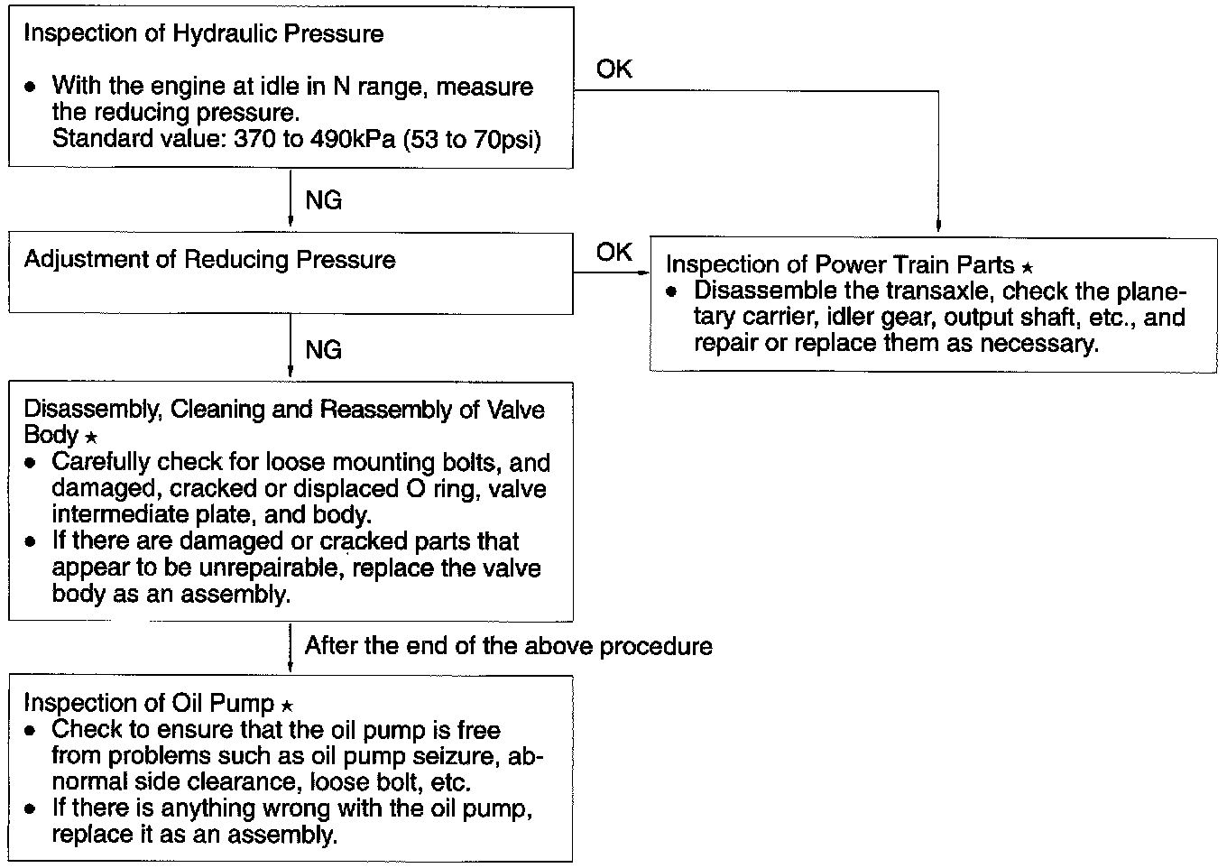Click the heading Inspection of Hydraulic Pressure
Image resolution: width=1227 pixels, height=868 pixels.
pyautogui.click(x=203, y=34)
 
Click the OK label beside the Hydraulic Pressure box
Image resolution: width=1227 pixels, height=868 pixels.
pyautogui.click(x=614, y=69)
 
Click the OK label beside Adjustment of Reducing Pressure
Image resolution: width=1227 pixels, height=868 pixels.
pyautogui.click(x=614, y=252)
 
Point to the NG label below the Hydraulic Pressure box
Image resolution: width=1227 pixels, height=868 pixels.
pyautogui.click(x=324, y=200)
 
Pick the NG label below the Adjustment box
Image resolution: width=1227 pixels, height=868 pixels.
pyautogui.click(x=324, y=349)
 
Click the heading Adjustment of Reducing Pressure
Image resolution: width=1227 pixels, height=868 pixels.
pyautogui.click(x=209, y=260)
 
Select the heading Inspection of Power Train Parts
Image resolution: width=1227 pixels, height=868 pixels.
pyautogui.click(x=840, y=264)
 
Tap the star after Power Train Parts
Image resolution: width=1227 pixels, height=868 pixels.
pyautogui.click(x=1027, y=267)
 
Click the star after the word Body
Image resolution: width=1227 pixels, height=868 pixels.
pyautogui.click(x=90, y=438)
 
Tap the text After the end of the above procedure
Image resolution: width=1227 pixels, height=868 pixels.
pyautogui.click(x=508, y=646)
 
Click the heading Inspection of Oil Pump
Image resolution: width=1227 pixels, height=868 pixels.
pyautogui.click(x=150, y=703)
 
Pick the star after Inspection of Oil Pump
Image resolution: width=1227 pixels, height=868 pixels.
pyautogui.click(x=287, y=706)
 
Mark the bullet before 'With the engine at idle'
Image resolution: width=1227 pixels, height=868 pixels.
pyautogui.click(x=32, y=88)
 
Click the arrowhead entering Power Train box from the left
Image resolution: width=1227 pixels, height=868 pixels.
pyautogui.click(x=643, y=272)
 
